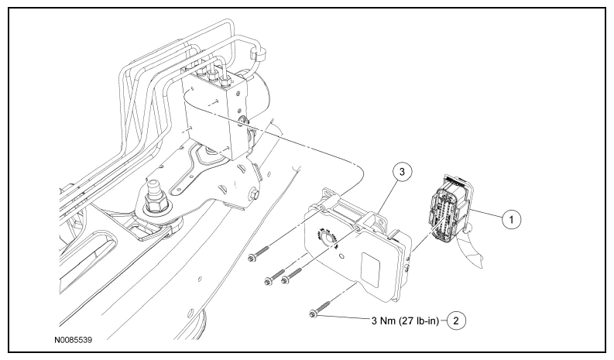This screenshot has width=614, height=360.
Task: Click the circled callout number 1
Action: coord(511,219)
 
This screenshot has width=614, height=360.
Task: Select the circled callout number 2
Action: coord(456,321)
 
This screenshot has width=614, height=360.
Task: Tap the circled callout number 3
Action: coord(402,171)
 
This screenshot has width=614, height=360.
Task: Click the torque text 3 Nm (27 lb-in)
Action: coord(405,321)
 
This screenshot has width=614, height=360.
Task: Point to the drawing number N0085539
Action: coord(74,340)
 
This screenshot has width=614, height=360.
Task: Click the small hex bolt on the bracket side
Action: coord(253,194)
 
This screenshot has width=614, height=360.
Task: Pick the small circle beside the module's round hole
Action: coord(341,257)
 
